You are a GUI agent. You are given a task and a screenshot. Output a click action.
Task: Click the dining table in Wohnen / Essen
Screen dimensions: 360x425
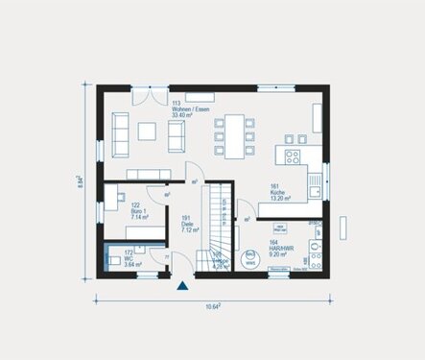[234, 130]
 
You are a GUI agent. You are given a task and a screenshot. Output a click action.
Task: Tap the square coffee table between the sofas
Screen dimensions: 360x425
[148, 131]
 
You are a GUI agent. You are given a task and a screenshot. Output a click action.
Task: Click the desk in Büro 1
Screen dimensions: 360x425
[113, 202]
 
